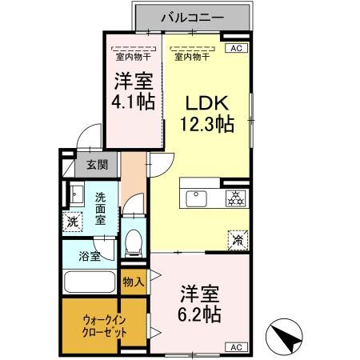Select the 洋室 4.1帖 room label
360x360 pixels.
pyautogui.click(x=134, y=91)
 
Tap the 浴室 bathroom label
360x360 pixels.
pyautogui.click(x=90, y=257)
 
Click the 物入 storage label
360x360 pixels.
pyautogui.click(x=134, y=282)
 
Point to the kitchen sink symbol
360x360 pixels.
pyautogui.click(x=197, y=197)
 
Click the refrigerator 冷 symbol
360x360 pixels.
pyautogui.click(x=237, y=238)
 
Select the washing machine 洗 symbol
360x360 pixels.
pyautogui.click(x=73, y=222)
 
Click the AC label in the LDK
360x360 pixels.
pyautogui.click(x=236, y=49)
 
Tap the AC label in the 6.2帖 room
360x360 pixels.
pyautogui.click(x=236, y=346)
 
